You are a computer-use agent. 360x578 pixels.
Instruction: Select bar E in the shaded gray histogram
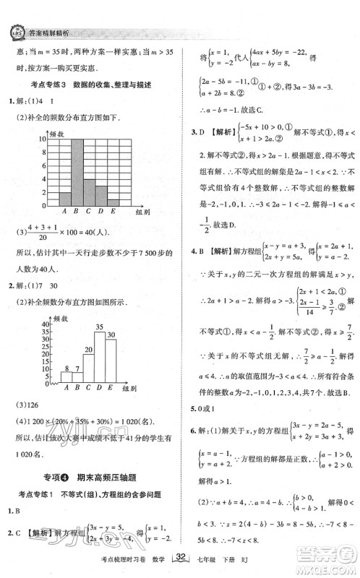coord(113,202)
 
